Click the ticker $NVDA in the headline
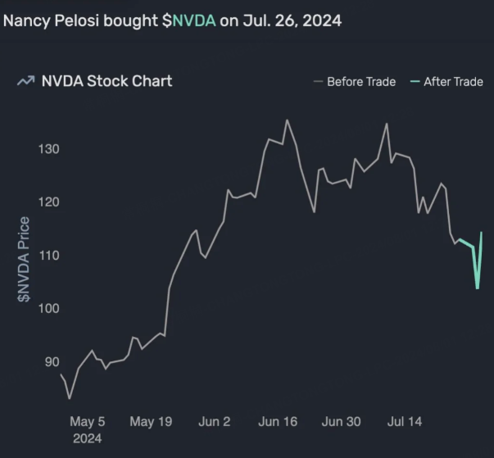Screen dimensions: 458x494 coord(188,20)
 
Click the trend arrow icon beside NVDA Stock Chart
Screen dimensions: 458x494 coord(25,81)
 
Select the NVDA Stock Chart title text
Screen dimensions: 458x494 coord(107,81)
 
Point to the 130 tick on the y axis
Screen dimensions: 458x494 coord(48,149)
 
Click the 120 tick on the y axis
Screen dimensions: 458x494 coord(48,202)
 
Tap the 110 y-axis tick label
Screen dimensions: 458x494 coord(48,256)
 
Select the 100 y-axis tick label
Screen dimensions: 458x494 coord(48,309)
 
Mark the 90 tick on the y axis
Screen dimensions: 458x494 coord(52,362)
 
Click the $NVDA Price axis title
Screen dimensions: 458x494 coord(25,259)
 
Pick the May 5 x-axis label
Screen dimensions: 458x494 coord(88,422)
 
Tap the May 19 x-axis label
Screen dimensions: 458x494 coord(151,422)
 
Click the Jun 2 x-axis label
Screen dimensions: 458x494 coord(215,422)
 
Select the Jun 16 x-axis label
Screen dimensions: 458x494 coord(278,422)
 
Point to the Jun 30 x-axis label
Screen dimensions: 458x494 coord(341,422)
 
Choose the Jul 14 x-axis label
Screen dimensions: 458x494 coord(404,422)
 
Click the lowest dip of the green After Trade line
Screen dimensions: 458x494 coord(478,288)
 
